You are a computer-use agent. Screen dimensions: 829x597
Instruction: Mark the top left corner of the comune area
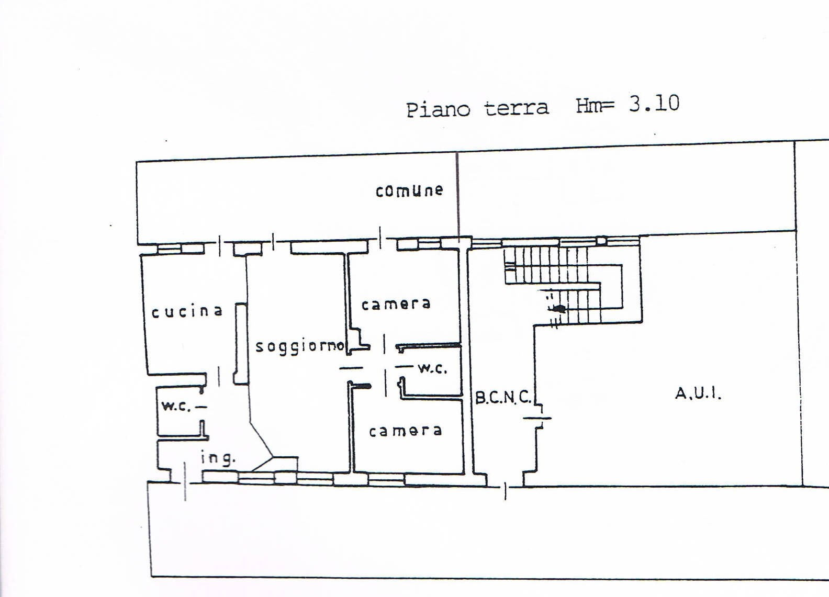[x=137, y=162]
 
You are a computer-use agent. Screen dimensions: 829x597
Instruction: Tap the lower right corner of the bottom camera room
[x=464, y=473]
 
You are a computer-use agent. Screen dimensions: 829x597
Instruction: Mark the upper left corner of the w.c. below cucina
[x=156, y=388]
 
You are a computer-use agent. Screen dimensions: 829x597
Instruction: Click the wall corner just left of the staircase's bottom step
[x=534, y=326]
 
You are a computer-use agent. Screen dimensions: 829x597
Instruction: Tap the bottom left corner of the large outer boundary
[x=151, y=576]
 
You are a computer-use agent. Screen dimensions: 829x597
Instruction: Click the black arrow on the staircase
[x=559, y=308]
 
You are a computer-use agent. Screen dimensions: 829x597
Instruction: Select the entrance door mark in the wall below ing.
[x=185, y=481]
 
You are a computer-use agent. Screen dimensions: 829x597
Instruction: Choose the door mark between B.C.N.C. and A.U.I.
[x=537, y=418]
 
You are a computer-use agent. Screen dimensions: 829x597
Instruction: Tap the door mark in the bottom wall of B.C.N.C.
[x=506, y=491]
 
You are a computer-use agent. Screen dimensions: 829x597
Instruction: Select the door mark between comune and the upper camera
[x=380, y=238]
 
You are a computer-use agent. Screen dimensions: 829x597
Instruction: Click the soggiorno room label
[x=300, y=347]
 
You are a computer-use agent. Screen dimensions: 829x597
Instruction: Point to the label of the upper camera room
[x=396, y=305]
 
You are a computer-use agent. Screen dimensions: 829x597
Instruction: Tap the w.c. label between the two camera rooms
[x=433, y=368]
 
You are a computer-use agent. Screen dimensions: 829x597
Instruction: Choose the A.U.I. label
[x=698, y=393]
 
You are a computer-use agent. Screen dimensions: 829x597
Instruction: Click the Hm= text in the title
[x=595, y=105]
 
